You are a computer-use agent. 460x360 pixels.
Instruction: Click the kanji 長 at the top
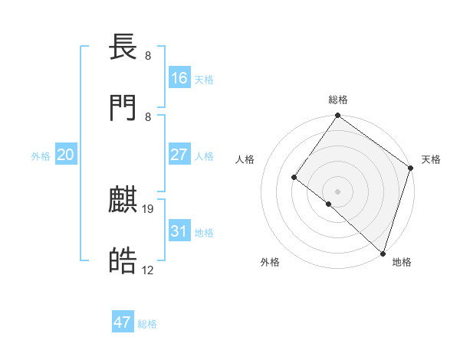click(123, 49)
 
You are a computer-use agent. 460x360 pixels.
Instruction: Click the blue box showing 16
click(179, 78)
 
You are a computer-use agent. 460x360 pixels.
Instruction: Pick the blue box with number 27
click(179, 155)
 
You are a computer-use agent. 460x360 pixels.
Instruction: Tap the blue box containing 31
click(179, 231)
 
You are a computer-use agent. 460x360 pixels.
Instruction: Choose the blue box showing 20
click(66, 155)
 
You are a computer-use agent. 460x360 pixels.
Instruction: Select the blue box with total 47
click(123, 322)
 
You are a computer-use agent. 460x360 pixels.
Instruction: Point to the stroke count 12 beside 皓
click(148, 270)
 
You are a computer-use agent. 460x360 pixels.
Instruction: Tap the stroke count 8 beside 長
click(147, 56)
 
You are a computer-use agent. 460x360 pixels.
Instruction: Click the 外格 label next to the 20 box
click(41, 156)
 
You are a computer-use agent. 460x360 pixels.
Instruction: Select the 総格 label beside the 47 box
click(147, 324)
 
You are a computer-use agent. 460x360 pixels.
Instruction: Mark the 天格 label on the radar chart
click(431, 159)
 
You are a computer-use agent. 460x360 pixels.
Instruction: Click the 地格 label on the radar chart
click(402, 262)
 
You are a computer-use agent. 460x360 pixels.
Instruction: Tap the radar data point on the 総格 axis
click(337, 116)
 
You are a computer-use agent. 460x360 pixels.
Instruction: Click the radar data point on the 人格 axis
click(294, 178)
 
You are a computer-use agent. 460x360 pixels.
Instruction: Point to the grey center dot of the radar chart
click(337, 191)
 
